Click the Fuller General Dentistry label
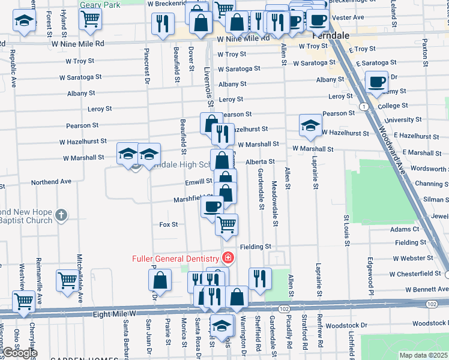(176, 259)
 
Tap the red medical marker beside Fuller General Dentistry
(228, 259)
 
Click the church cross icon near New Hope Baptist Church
(61, 215)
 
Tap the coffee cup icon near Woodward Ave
(377, 82)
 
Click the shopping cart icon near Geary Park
(90, 18)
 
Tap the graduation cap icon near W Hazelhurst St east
(310, 125)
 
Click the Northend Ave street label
(52, 181)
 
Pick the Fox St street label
(169, 224)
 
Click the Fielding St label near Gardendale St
(256, 247)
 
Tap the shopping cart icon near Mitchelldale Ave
(67, 280)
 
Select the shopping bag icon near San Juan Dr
(160, 280)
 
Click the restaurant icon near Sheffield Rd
(260, 278)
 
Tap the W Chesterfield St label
(415, 274)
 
